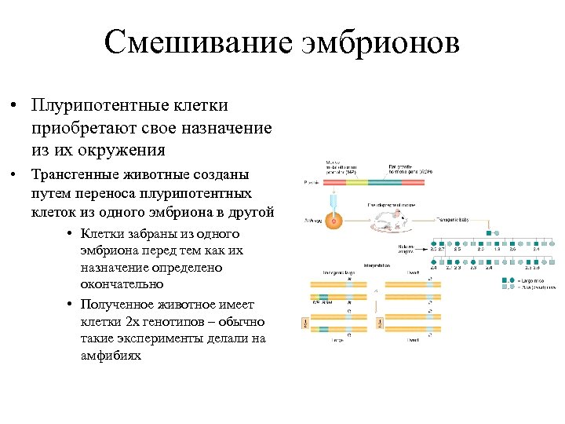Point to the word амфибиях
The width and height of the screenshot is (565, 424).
coord(111,356)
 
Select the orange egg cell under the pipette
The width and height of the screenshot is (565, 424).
coord(335,223)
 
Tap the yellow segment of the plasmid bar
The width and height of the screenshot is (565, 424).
coord(356,182)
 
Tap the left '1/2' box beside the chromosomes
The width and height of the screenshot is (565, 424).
coord(305,323)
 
